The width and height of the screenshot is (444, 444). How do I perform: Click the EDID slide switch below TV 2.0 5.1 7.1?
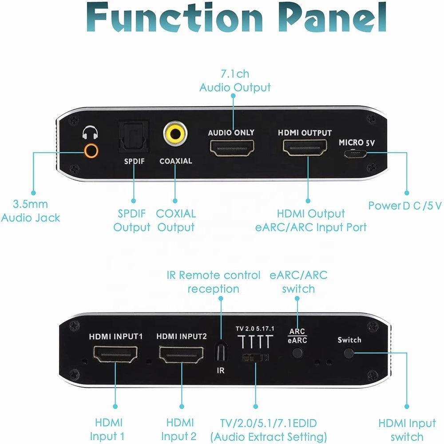coord(255,357)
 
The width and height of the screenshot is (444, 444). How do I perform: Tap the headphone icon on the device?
coord(90,132)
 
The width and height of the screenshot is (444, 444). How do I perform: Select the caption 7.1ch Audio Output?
coord(235,81)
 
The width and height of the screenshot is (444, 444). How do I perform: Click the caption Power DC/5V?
coord(404,206)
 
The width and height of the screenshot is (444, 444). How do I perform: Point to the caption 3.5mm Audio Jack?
coord(30,211)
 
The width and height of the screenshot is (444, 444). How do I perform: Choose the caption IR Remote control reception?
coord(214,282)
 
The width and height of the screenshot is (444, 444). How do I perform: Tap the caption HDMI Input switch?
coord(407,429)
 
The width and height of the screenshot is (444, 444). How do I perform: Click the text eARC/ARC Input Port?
coord(311,227)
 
